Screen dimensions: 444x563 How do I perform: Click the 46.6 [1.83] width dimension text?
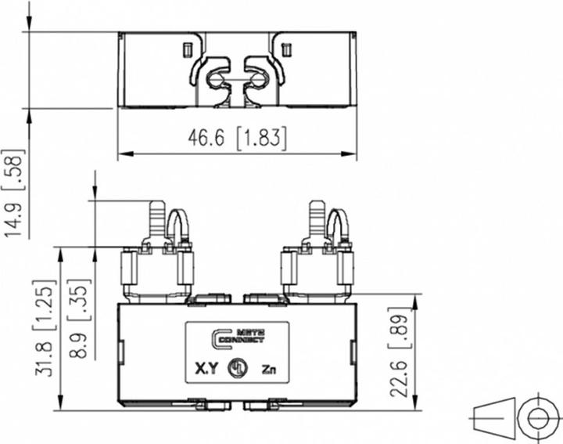pyautogui.click(x=237, y=139)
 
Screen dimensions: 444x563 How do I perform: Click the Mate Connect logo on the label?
pyautogui.click(x=238, y=338)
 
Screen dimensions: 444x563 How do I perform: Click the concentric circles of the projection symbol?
pyautogui.click(x=539, y=416)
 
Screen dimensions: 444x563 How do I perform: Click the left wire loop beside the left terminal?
pyautogui.click(x=178, y=227)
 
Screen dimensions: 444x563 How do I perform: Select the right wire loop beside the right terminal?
pyautogui.click(x=338, y=227)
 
